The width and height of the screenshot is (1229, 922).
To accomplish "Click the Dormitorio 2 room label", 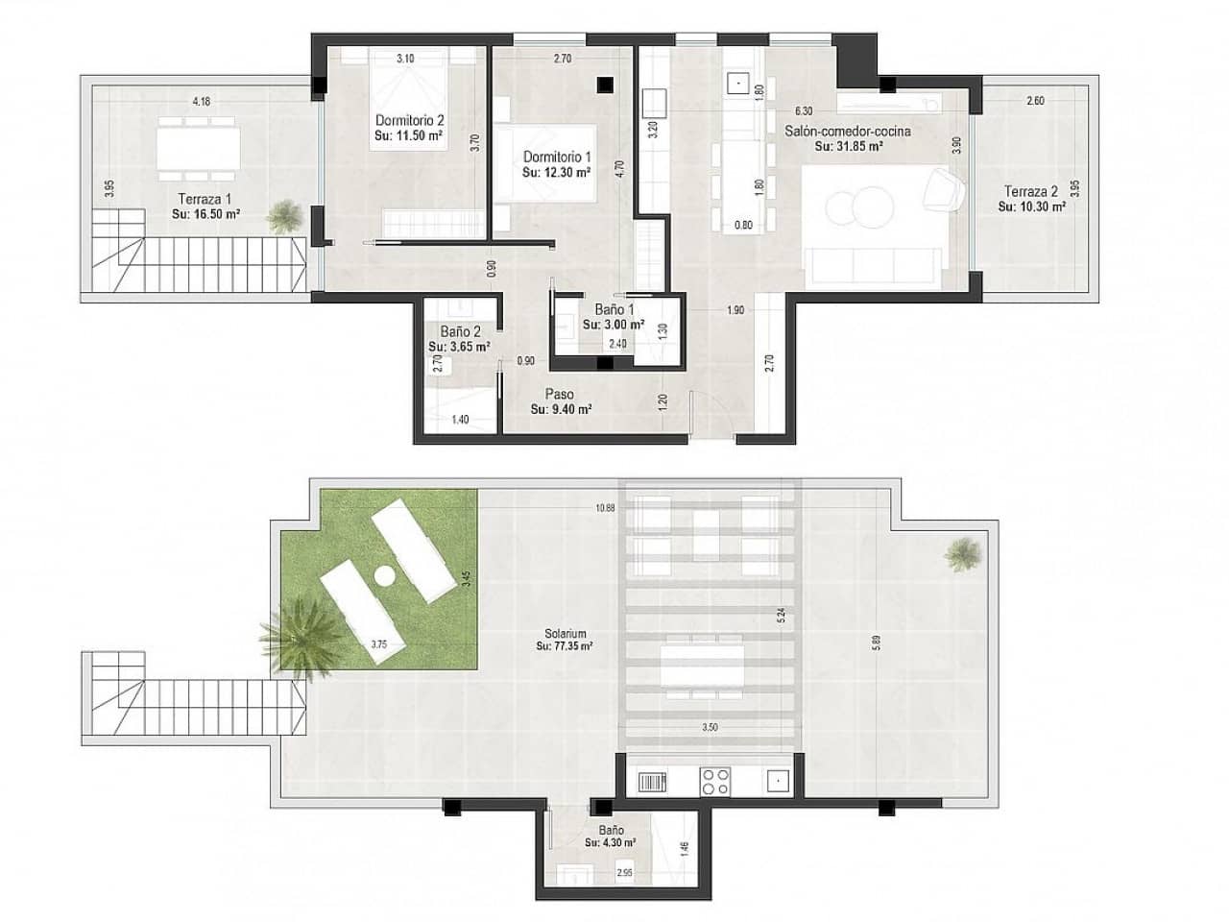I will (x=409, y=121).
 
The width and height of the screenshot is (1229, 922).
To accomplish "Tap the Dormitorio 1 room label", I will (x=557, y=157).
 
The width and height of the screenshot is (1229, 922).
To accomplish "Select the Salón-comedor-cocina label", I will (x=848, y=132).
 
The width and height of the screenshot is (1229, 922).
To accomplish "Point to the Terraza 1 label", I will (x=205, y=200).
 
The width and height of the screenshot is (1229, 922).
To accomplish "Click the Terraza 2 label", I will (x=1031, y=190).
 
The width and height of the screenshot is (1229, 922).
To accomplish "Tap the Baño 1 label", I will (x=614, y=309).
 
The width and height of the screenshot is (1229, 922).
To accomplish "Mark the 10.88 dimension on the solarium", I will (x=605, y=508).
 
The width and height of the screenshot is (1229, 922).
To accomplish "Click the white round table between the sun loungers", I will (x=386, y=576).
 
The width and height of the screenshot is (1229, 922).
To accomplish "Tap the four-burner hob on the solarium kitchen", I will (x=715, y=781).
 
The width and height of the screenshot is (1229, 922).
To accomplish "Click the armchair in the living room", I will (x=943, y=188).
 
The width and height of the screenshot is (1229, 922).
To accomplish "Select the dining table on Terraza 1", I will (x=198, y=147).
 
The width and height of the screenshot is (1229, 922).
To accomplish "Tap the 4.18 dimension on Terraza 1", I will (x=201, y=100).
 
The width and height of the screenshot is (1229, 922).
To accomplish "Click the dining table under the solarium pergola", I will (x=702, y=666).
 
